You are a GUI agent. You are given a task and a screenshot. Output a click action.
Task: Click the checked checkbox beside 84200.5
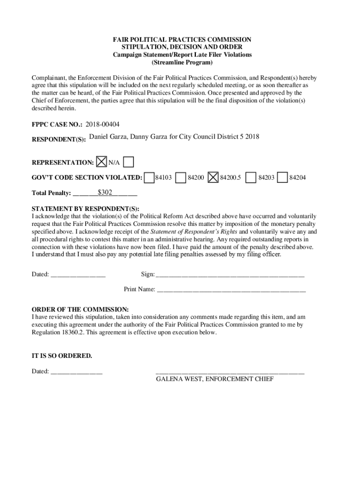(213, 178)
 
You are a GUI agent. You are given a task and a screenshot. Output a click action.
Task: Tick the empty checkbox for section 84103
(149, 178)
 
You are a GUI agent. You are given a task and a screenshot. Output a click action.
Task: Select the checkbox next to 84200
(181, 178)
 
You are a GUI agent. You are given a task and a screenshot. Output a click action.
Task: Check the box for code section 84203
(251, 178)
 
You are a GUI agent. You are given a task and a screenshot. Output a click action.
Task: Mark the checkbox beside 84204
(282, 178)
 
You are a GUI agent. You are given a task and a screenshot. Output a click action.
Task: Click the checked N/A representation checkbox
(101, 162)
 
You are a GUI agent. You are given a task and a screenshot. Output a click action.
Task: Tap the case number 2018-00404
(102, 124)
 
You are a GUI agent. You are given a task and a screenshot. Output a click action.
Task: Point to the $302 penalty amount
(105, 192)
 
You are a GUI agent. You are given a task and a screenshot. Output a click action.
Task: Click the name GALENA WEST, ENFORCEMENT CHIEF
(215, 379)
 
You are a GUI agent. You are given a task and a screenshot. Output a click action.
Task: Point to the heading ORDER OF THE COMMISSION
(80, 310)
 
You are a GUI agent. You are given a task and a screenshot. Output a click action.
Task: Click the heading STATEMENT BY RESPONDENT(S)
(85, 209)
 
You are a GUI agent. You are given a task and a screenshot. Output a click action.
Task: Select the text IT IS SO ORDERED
(62, 356)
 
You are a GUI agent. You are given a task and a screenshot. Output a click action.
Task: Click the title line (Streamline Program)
(182, 62)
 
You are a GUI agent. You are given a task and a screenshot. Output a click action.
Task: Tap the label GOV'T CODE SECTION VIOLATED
(87, 178)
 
